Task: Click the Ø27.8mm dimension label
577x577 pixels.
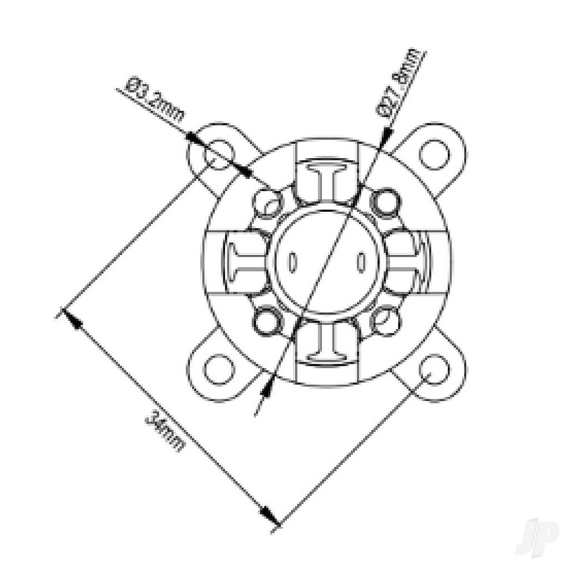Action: point(400,85)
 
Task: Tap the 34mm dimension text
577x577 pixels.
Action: point(166,430)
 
